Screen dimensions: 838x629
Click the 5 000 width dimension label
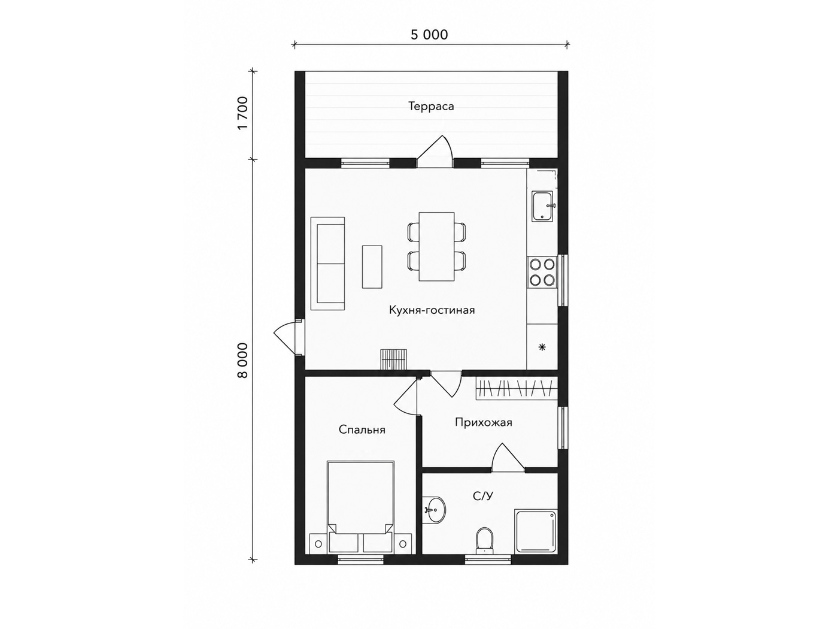[x=429, y=35]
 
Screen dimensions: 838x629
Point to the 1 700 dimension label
[x=243, y=113]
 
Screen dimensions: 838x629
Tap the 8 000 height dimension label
[x=243, y=361]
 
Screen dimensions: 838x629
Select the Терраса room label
[x=431, y=106]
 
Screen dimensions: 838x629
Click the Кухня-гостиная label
[x=432, y=310]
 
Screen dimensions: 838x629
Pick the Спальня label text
[x=362, y=430]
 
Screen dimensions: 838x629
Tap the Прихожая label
[x=483, y=423]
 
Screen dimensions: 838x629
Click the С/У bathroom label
[x=483, y=496]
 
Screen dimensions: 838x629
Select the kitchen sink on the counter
[x=544, y=206]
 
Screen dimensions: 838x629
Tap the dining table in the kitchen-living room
[x=436, y=247]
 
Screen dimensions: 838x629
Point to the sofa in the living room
[x=327, y=264]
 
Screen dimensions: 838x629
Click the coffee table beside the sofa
[x=372, y=267]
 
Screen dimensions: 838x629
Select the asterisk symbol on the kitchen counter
[x=542, y=347]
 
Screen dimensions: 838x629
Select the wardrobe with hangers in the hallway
[x=517, y=388]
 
